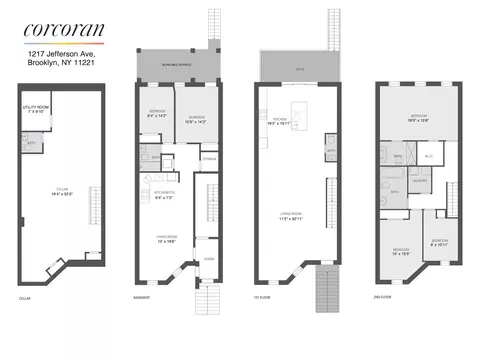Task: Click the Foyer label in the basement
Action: [209, 257]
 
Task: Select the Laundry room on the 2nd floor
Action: [420, 181]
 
